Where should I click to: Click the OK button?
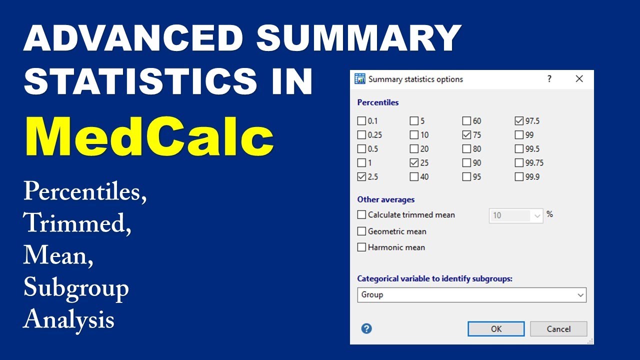(x=496, y=328)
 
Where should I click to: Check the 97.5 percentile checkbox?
(x=518, y=121)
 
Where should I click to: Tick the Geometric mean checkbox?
(x=361, y=231)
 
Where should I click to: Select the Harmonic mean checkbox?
(x=361, y=247)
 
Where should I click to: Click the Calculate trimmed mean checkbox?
(x=361, y=215)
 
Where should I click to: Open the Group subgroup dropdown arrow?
(x=580, y=295)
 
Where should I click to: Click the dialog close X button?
(x=579, y=79)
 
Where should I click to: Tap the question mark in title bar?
(x=549, y=79)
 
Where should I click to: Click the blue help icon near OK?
(x=366, y=328)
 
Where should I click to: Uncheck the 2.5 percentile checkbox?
(x=361, y=176)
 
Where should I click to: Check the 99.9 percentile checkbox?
(x=518, y=176)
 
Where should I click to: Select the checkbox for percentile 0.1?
(x=361, y=121)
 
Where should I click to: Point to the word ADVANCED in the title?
(x=133, y=38)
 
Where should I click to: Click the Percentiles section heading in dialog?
(x=378, y=102)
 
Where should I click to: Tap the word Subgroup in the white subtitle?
(x=76, y=288)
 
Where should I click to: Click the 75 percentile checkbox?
(x=466, y=135)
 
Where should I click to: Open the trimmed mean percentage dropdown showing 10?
(x=537, y=215)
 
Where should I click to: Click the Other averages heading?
(x=385, y=199)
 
